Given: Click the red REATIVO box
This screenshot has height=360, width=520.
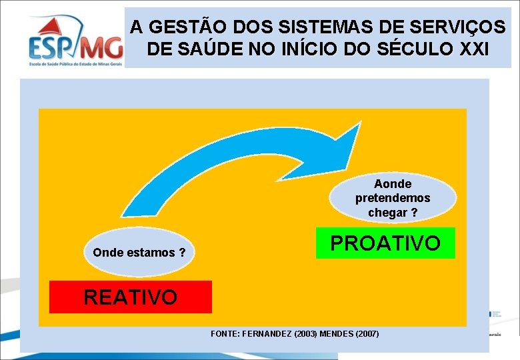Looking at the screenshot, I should tap(131, 297).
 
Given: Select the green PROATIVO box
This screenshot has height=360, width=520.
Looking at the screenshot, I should tap(385, 243).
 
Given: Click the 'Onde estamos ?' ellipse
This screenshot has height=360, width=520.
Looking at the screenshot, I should tap(139, 253).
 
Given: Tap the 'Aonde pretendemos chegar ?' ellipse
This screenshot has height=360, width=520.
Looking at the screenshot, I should tap(393, 198).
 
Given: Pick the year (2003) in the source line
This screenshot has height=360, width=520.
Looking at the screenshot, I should tap(303, 333).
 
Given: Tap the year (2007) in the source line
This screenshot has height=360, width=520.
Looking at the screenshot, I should tap(367, 333).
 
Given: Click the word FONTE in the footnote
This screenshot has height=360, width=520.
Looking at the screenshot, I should tap(225, 333).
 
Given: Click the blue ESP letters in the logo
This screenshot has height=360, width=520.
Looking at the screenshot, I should tap(53, 47).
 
